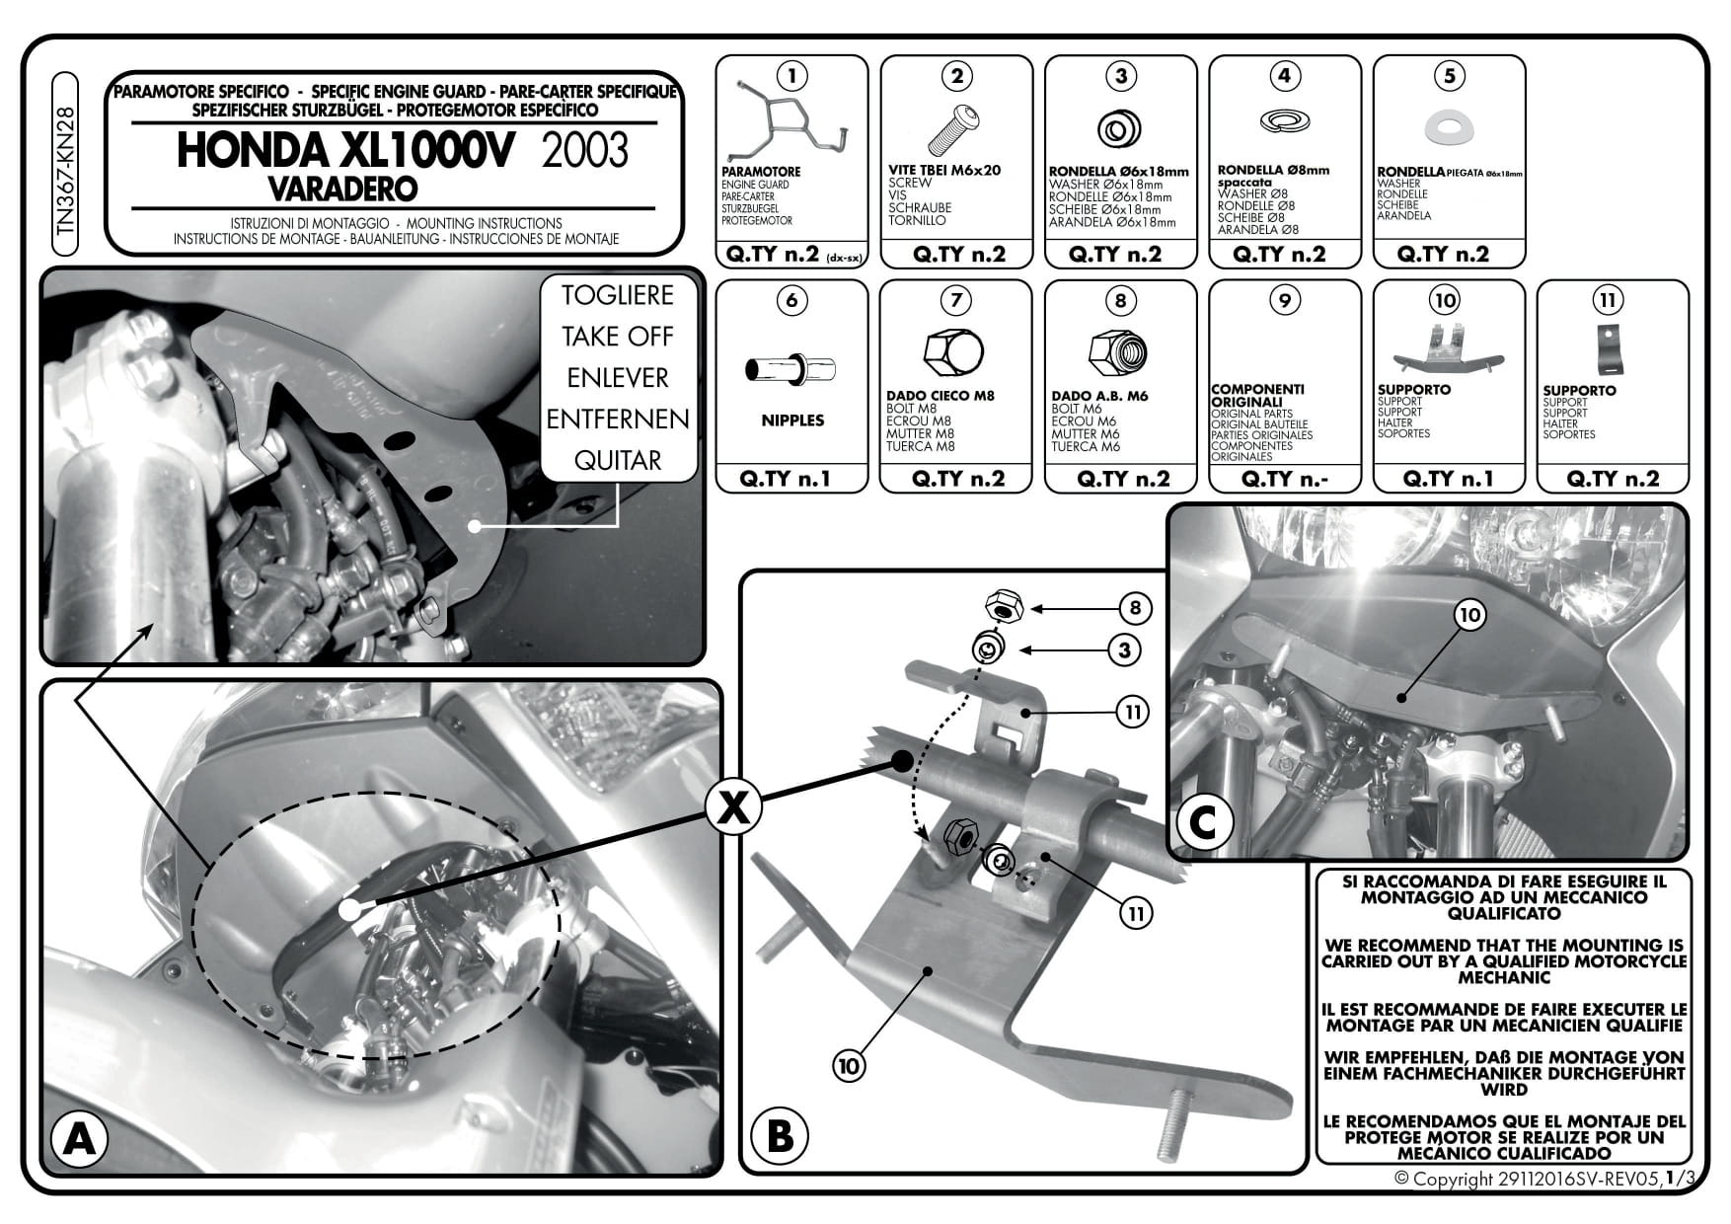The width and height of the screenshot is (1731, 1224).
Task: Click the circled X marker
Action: [x=732, y=808]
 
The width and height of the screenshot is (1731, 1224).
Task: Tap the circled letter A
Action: [x=78, y=1140]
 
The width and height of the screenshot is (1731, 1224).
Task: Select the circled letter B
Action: [x=779, y=1136]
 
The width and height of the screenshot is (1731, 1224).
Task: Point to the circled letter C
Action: [x=1202, y=822]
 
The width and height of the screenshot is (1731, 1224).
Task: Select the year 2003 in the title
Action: [x=584, y=151]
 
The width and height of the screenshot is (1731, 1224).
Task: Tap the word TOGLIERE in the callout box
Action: [x=618, y=295]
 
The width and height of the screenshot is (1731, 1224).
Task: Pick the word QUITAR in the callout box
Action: [x=618, y=461]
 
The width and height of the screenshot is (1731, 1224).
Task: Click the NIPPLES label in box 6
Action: [x=792, y=421]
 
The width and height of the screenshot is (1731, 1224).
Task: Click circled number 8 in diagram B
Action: [x=1135, y=608]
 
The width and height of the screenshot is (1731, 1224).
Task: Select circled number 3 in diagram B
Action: [x=1124, y=650]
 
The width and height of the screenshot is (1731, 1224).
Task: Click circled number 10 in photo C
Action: [x=1469, y=615]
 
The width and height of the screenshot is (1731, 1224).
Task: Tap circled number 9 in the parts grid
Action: [x=1284, y=300]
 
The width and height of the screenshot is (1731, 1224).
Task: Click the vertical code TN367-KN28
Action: [x=66, y=171]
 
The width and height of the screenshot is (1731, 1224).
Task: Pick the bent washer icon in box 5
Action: [x=1448, y=125]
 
